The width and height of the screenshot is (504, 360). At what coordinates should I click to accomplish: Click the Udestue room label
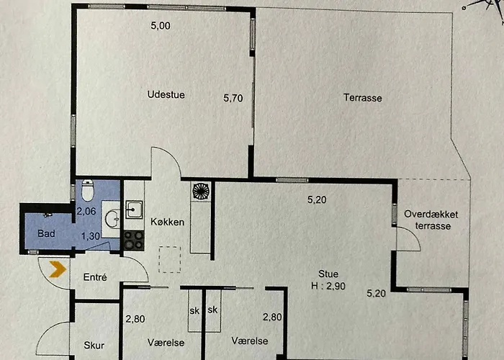point(166,95)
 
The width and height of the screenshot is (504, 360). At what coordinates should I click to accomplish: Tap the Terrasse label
point(363,98)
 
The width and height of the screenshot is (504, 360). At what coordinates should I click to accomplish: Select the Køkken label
point(168,222)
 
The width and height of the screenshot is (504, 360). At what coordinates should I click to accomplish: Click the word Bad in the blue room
point(46,233)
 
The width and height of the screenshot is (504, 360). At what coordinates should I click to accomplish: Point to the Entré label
point(95,277)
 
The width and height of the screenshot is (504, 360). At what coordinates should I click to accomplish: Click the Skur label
point(94,345)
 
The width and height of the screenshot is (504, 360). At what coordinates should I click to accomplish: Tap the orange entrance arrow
point(58,269)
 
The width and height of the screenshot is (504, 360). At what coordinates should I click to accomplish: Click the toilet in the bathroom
point(87,190)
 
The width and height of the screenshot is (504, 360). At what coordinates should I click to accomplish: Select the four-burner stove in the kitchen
point(134,240)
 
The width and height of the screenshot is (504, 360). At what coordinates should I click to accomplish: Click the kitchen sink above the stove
point(134,210)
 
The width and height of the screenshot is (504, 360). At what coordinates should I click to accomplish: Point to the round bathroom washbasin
point(112,219)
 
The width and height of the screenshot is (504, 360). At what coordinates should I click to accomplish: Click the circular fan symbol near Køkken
point(201,192)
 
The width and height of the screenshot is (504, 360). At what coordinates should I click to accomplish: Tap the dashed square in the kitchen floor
point(170,259)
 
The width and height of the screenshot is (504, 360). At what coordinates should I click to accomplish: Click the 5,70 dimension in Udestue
point(233,98)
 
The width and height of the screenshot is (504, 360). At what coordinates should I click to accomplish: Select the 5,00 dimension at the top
point(161,26)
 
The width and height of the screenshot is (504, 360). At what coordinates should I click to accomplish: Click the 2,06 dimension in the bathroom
point(86,211)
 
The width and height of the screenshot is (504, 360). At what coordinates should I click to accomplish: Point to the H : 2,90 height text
point(328,286)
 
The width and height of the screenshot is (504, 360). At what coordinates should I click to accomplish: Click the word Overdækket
point(431,214)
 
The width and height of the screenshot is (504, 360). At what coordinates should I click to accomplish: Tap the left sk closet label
point(194,311)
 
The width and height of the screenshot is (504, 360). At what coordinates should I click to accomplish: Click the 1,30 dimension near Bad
point(90,236)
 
